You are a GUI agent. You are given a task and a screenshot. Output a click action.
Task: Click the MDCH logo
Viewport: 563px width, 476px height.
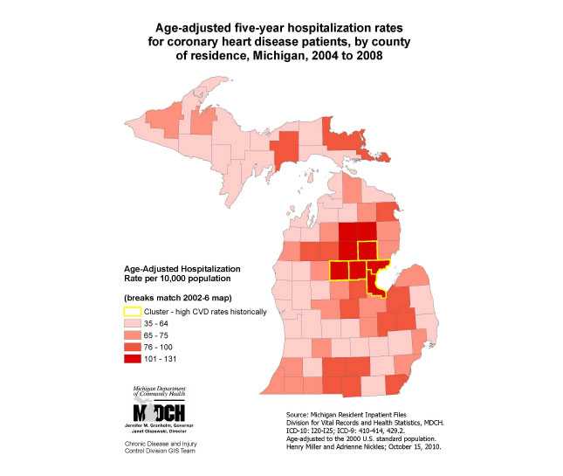[x=158, y=411]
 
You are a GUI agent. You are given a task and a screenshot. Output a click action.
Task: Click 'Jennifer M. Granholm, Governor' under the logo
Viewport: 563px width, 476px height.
[x=158, y=424]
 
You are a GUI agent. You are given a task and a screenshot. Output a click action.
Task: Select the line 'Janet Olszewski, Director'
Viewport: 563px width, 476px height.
[x=158, y=430]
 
